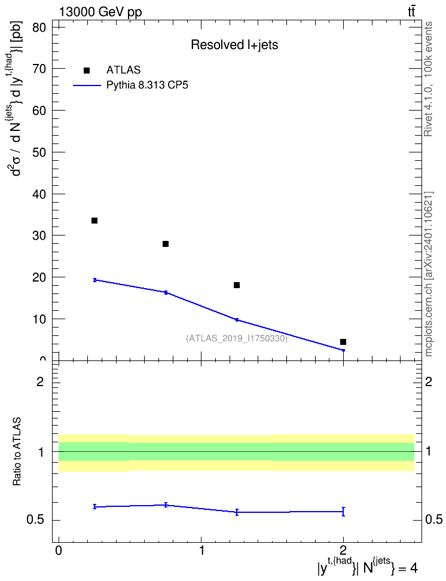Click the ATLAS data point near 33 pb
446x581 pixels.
tap(94, 221)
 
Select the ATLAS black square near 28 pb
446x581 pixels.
tap(166, 244)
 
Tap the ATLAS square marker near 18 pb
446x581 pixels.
tap(237, 285)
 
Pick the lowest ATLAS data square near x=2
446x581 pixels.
tap(343, 342)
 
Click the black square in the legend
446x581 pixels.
tap(87, 71)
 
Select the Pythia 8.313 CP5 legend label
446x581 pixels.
tap(147, 85)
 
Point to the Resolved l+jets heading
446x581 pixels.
tap(234, 45)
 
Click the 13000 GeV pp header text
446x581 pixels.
tap(100, 12)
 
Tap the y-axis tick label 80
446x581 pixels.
tap(39, 27)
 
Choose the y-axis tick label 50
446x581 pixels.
tap(39, 152)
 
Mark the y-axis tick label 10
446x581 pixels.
tap(39, 319)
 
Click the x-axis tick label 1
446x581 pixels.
tap(201, 551)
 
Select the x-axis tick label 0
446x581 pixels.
tap(59, 551)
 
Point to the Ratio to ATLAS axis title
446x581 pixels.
tap(17, 451)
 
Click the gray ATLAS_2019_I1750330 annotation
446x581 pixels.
tap(237, 338)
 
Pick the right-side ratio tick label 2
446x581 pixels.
tap(429, 381)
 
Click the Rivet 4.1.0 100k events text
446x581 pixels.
tap(428, 79)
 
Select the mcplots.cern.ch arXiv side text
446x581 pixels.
tap(428, 274)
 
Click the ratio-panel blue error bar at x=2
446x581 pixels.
tap(343, 512)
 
